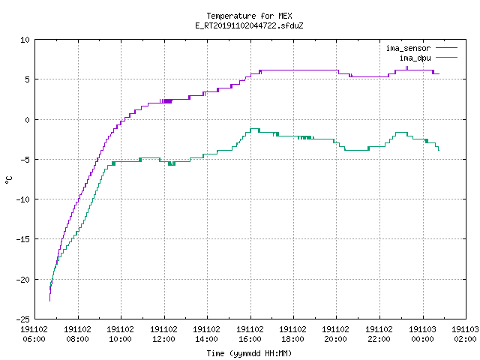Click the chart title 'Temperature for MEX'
pyautogui.click(x=249, y=16)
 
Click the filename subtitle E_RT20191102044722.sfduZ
pyautogui.click(x=249, y=25)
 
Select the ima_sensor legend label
pyautogui.click(x=408, y=48)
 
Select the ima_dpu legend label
pyautogui.click(x=415, y=58)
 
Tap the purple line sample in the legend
pyautogui.click(x=446, y=48)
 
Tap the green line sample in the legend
pyautogui.click(x=446, y=57)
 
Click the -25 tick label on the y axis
pyautogui.click(x=23, y=319)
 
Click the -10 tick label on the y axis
pyautogui.click(x=23, y=199)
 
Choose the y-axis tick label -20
pyautogui.click(x=23, y=280)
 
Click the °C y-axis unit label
pyautogui.click(x=8, y=180)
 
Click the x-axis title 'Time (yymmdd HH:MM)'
pyautogui.click(x=249, y=353)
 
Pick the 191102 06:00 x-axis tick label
pyautogui.click(x=34, y=334)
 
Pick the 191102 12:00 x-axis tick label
pyautogui.click(x=163, y=334)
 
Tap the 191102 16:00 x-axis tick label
pyautogui.click(x=250, y=334)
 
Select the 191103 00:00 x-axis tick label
pyautogui.click(x=423, y=334)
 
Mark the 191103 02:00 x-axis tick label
pyautogui.click(x=465, y=334)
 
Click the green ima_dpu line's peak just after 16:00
pyautogui.click(x=255, y=129)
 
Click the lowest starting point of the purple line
pyautogui.click(x=50, y=301)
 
